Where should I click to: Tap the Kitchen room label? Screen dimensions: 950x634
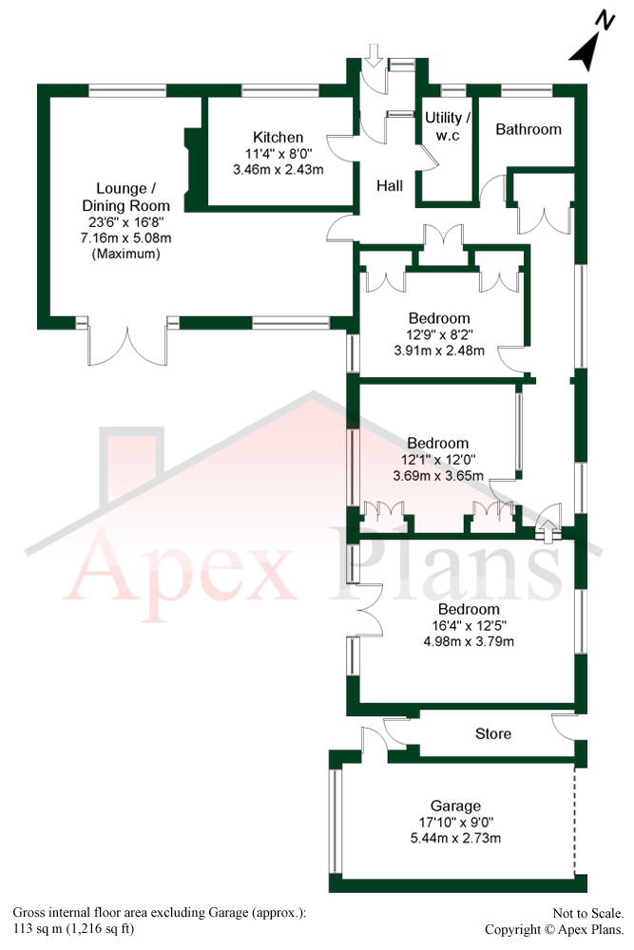pos(278,138)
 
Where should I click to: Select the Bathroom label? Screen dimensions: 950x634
pos(528,129)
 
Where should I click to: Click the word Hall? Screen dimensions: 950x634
pos(390,186)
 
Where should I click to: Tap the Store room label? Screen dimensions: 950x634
pos(492,733)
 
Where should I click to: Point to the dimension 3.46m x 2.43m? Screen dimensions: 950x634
pos(278,171)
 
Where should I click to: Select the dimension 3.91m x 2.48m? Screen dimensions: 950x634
pos(438,350)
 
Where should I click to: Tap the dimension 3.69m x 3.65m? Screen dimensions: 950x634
pos(437,475)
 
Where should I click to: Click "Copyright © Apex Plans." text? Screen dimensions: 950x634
pos(555,929)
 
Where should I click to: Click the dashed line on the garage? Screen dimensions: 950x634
pos(575,823)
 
